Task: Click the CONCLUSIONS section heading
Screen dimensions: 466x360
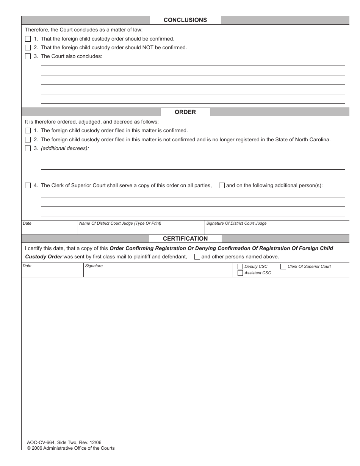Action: (185, 20)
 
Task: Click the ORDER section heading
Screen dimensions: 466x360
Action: (185, 112)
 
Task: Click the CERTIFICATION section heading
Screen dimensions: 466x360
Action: (185, 239)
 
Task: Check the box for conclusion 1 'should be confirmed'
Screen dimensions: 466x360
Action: (28, 39)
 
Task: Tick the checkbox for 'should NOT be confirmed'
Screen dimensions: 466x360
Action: (28, 48)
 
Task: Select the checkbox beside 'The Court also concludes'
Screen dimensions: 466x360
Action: (28, 56)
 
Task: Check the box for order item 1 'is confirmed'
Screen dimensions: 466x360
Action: (28, 131)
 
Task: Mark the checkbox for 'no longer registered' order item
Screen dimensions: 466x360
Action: (28, 139)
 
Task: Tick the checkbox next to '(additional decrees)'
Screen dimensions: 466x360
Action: (28, 149)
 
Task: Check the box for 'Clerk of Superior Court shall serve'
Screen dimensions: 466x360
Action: (28, 186)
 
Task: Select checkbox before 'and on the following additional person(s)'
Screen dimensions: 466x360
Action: (222, 186)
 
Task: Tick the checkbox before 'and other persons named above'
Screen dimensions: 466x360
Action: (197, 256)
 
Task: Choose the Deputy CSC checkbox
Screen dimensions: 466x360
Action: (240, 266)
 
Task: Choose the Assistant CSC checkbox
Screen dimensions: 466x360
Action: (240, 273)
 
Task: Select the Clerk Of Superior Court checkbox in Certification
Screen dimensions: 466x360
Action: (283, 266)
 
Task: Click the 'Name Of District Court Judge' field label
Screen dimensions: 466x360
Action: (120, 224)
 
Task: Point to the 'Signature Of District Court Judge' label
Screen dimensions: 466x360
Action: (236, 224)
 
